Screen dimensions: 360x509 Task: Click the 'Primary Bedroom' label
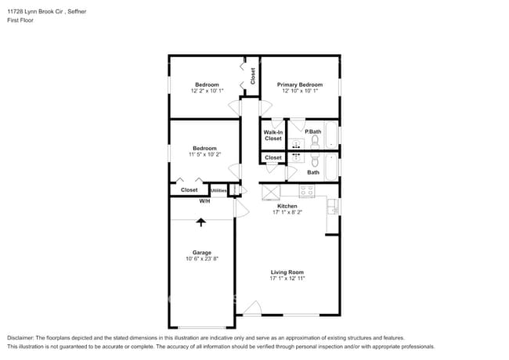tap(300, 85)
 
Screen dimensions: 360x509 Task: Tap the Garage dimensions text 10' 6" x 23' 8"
tap(201, 259)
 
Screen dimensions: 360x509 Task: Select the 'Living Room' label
tap(287, 272)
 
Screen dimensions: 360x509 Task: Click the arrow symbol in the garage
tap(201, 222)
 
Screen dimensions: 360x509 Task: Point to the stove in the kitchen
tap(307, 190)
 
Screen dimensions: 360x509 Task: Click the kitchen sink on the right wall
tap(334, 207)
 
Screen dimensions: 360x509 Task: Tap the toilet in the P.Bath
tap(314, 142)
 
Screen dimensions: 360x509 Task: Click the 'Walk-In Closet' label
tap(273, 135)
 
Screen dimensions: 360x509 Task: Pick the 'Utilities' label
tap(218, 190)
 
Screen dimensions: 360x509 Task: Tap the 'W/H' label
tap(204, 201)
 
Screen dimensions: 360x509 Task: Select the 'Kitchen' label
tap(287, 206)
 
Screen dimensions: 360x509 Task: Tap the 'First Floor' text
tap(20, 20)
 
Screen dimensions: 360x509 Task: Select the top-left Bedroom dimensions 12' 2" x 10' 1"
tap(207, 91)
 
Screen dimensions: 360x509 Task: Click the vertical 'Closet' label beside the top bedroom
tap(253, 76)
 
